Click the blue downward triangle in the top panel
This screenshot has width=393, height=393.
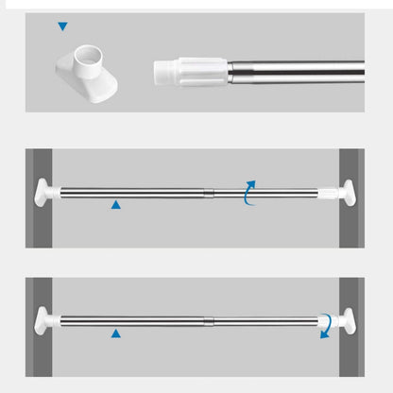point(62,27)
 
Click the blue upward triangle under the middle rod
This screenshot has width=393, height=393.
point(115,204)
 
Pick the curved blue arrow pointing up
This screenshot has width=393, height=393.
point(249,189)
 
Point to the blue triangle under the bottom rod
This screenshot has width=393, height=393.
point(115,333)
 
